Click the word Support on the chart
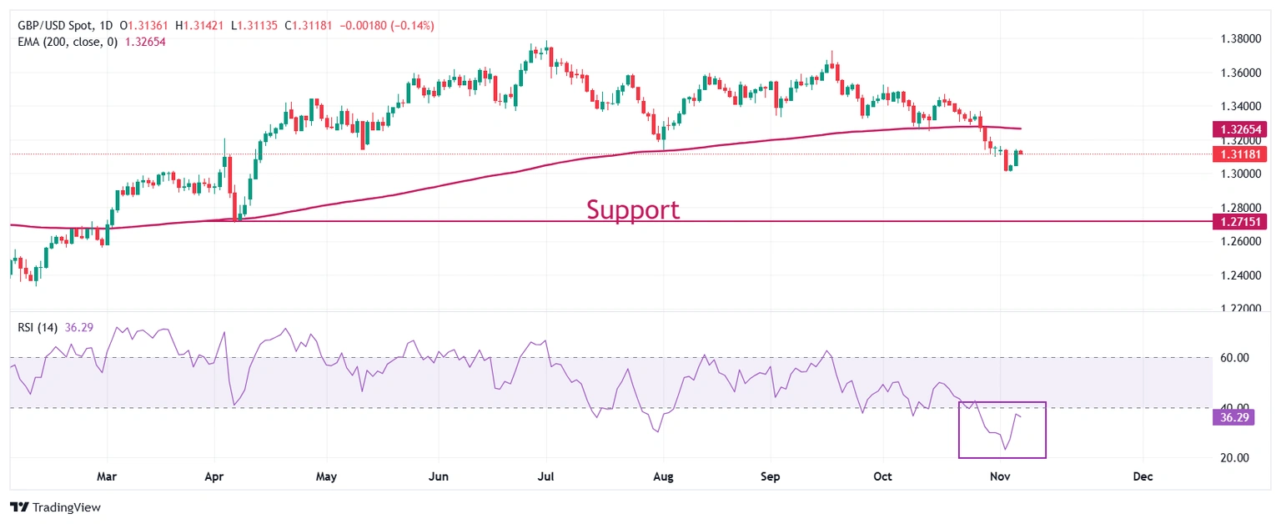click(632, 209)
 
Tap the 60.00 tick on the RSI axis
click(1230, 358)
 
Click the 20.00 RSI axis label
click(1230, 458)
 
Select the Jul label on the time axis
click(546, 477)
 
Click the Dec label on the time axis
click(1143, 477)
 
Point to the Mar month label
click(106, 477)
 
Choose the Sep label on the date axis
click(771, 477)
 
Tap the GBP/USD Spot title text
click(57, 26)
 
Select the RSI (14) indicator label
click(38, 327)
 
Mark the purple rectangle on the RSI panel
click(1002, 430)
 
